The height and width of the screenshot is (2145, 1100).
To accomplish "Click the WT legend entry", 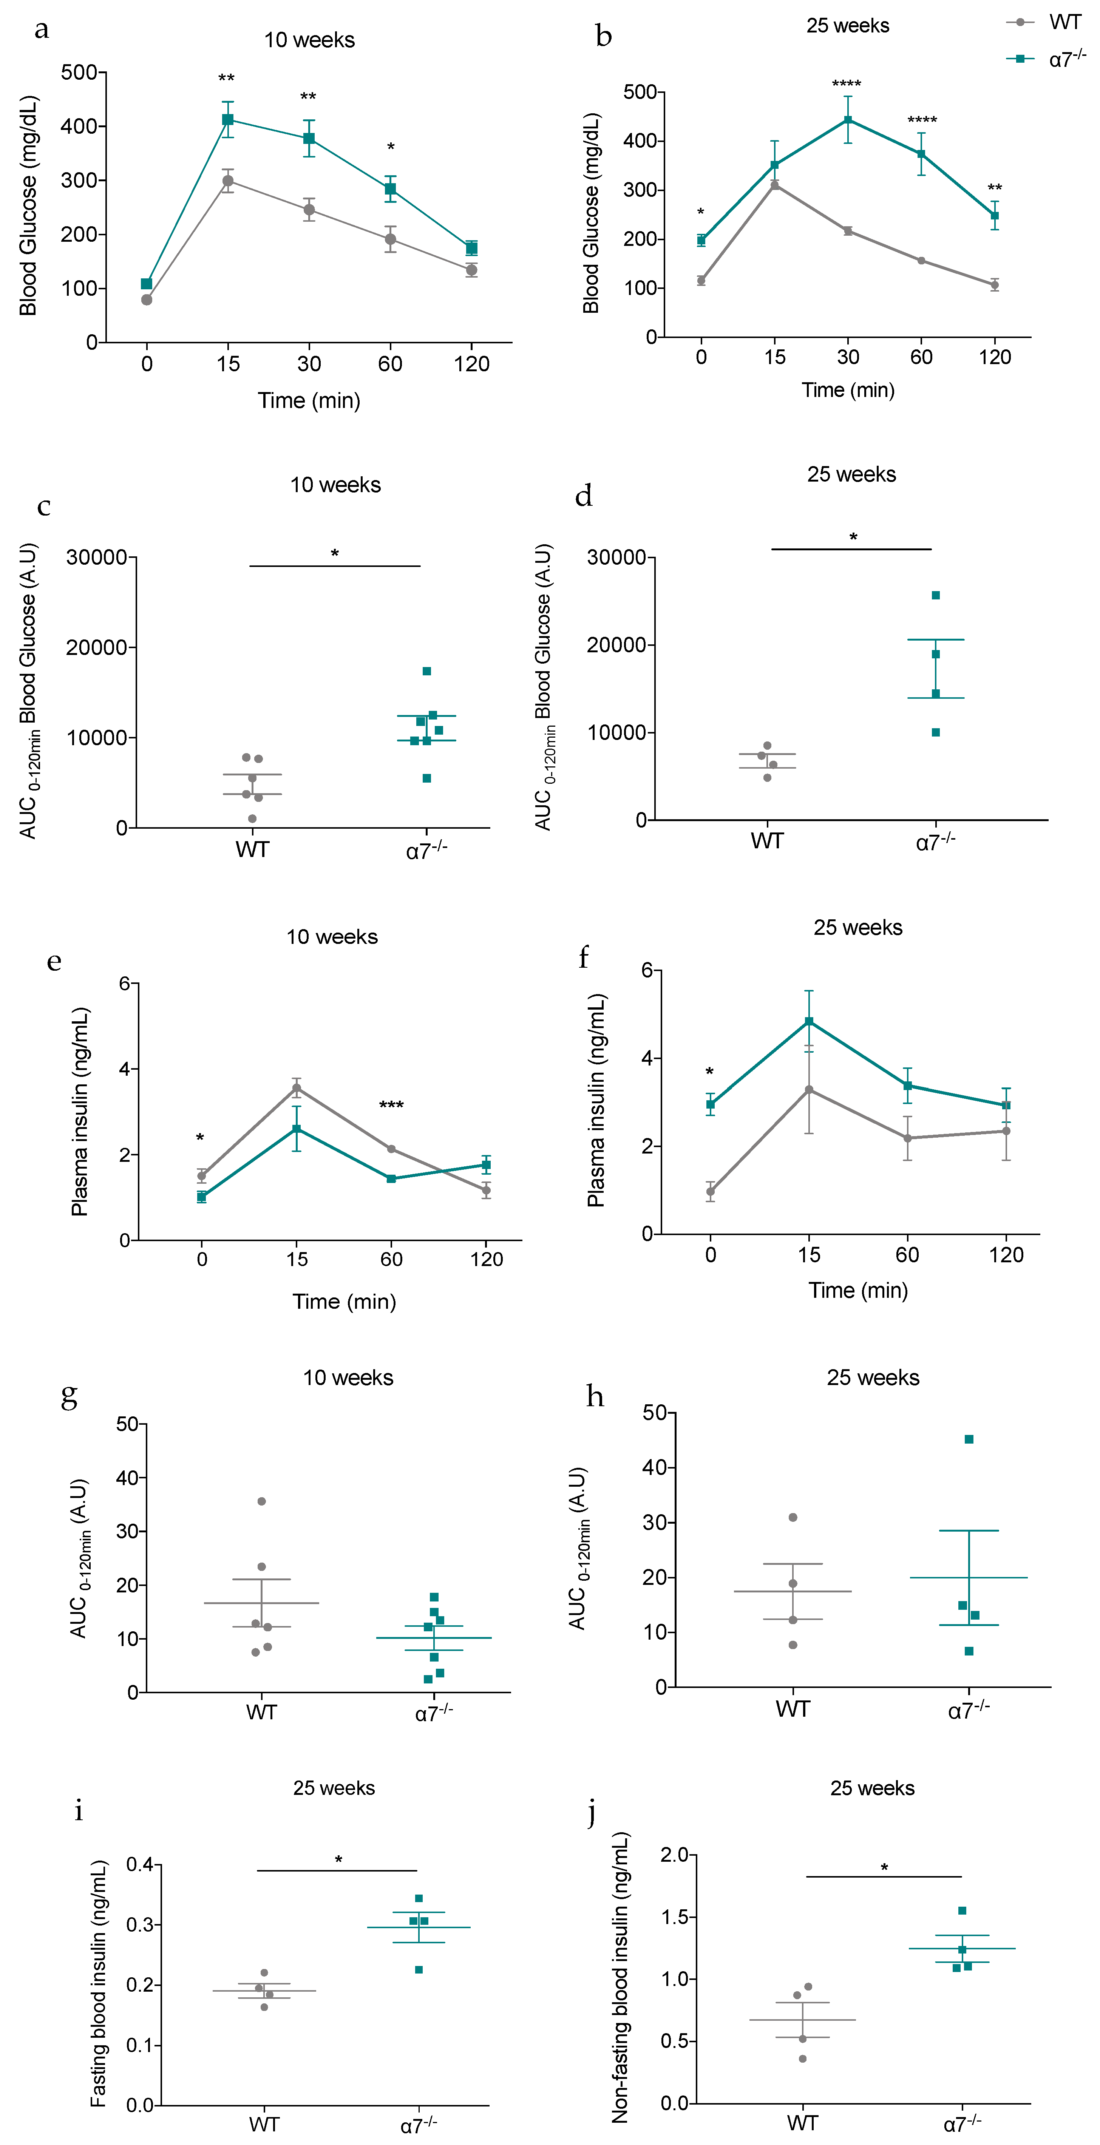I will click(1064, 23).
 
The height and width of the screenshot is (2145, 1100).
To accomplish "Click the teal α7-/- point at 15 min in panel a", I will click(227, 120).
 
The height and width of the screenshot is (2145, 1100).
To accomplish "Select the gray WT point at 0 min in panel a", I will click(147, 300).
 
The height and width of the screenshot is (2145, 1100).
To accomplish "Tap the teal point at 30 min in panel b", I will click(848, 120).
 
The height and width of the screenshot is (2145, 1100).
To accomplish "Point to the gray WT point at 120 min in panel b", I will click(994, 285).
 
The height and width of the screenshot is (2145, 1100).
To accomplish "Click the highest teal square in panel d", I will click(936, 595).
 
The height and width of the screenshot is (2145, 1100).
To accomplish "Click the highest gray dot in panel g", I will click(261, 1501).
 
